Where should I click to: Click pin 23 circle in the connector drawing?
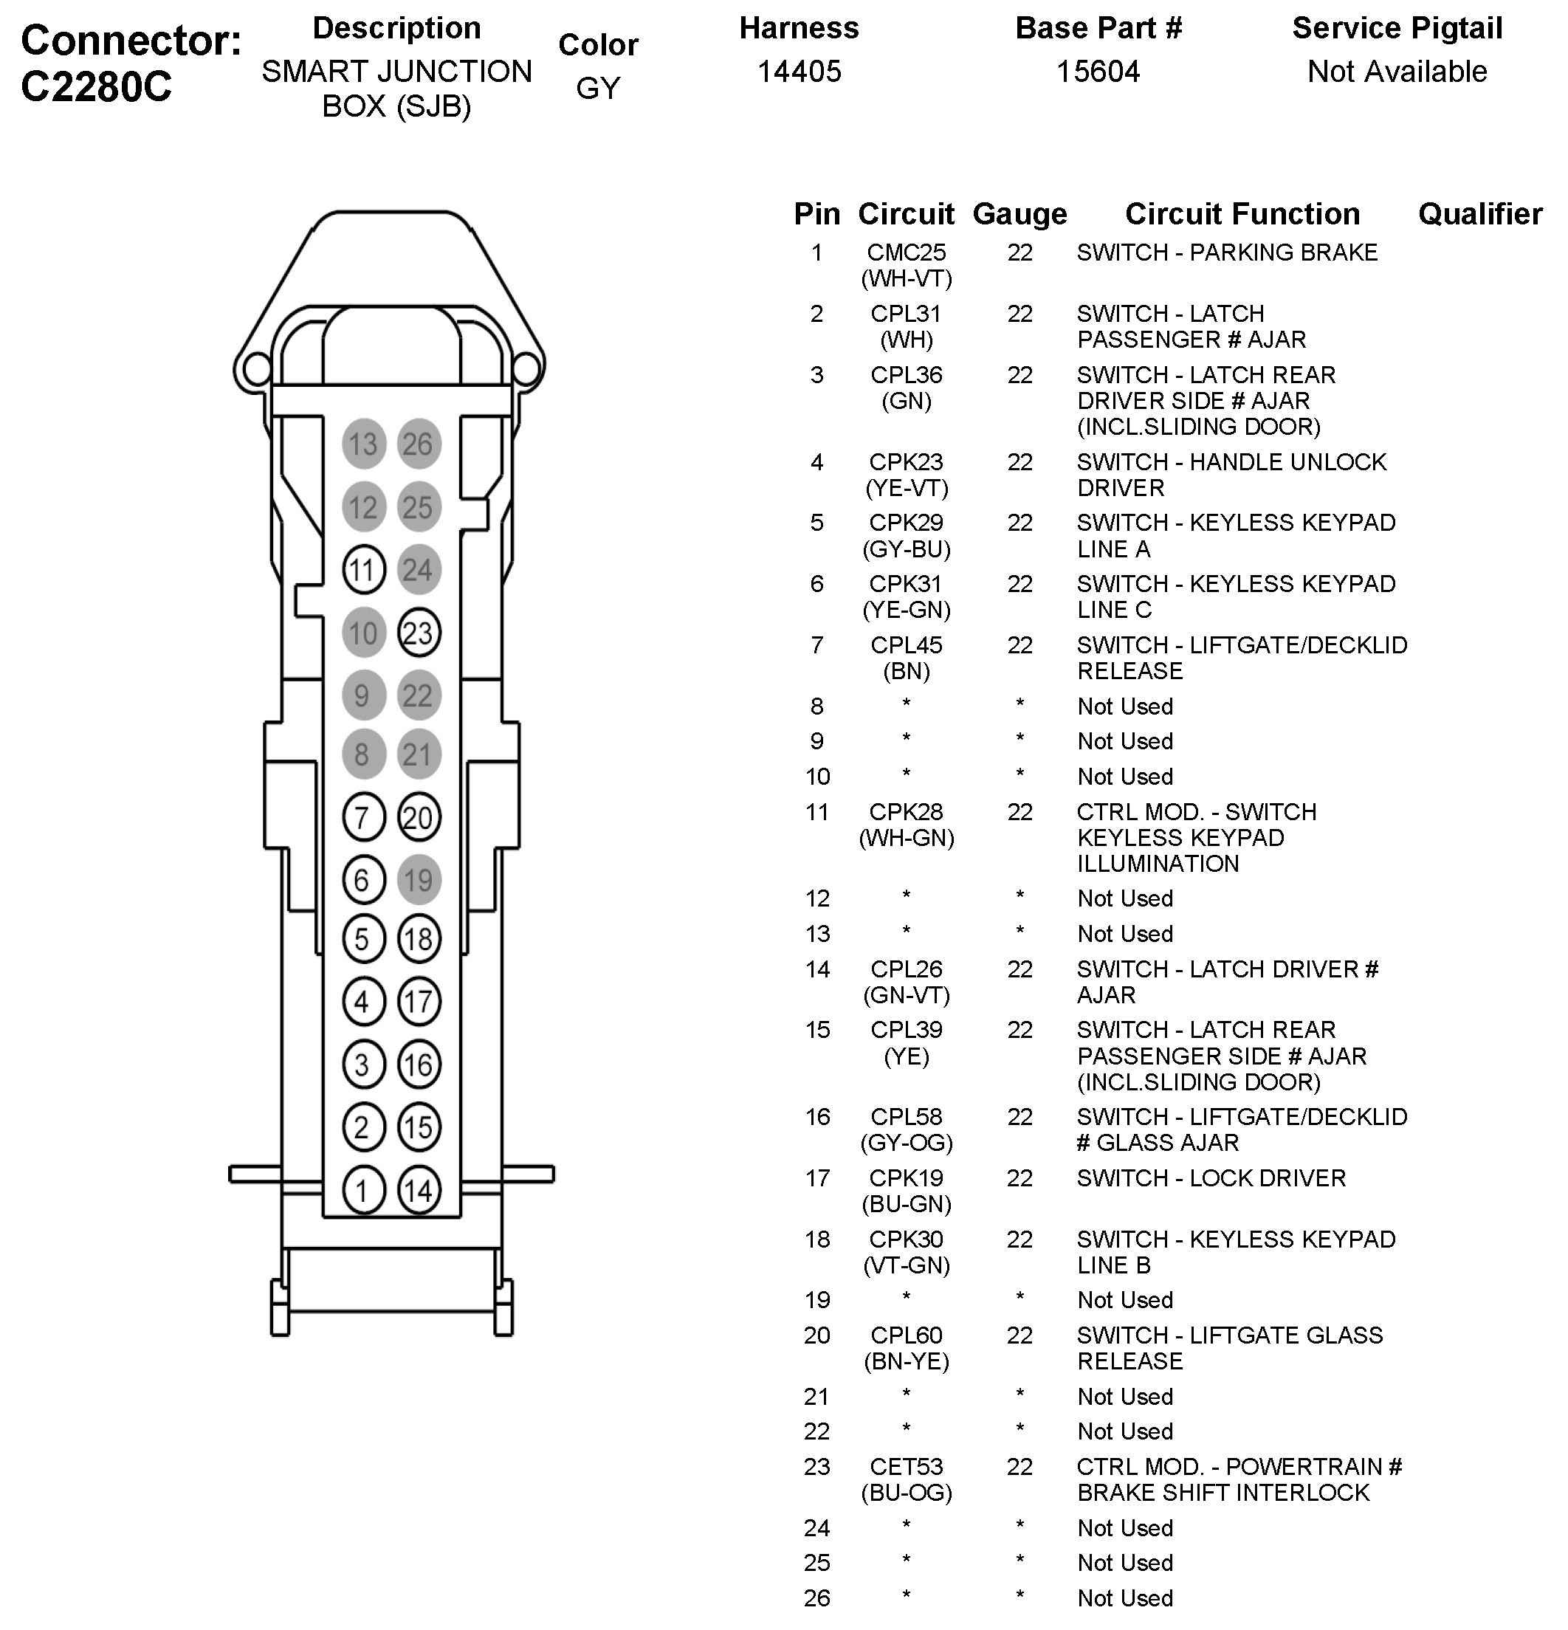point(419,633)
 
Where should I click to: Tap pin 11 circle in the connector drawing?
point(363,570)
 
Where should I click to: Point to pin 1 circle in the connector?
point(363,1190)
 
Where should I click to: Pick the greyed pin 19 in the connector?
point(419,879)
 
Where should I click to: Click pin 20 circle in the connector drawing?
point(419,817)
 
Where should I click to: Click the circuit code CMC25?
point(906,252)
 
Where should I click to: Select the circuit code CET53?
point(906,1466)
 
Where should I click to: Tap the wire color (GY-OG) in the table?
point(906,1143)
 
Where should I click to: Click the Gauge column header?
point(1019,214)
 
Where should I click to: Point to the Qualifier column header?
point(1480,214)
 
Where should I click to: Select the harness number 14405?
point(799,72)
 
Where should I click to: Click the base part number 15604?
point(1097,72)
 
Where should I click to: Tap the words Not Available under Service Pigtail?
point(1397,72)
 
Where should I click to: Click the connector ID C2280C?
point(97,86)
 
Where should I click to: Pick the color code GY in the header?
point(598,88)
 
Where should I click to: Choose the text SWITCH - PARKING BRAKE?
point(1226,252)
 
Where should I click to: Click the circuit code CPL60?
point(906,1335)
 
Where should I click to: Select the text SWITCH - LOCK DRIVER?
point(1210,1177)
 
